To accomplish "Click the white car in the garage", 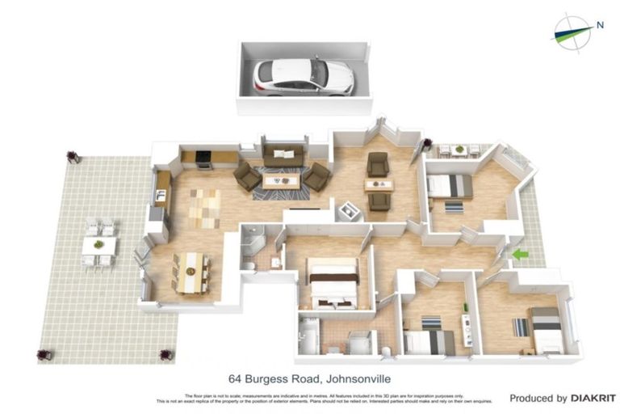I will [x=304, y=77].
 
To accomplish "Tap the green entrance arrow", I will [x=521, y=255].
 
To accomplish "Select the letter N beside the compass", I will [x=600, y=24].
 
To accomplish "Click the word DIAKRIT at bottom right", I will [x=593, y=398].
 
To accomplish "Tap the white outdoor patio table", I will [x=98, y=244].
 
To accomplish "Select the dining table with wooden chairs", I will [x=191, y=272].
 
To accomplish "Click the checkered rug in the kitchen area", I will [x=204, y=208].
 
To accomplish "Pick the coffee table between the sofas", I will [x=281, y=180].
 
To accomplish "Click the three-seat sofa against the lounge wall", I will [x=283, y=154].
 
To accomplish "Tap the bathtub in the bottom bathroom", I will [x=309, y=336].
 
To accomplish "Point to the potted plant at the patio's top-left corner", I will [x=73, y=156].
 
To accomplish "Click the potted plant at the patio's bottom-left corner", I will [x=44, y=354].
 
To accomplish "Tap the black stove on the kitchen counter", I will [x=204, y=159].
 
